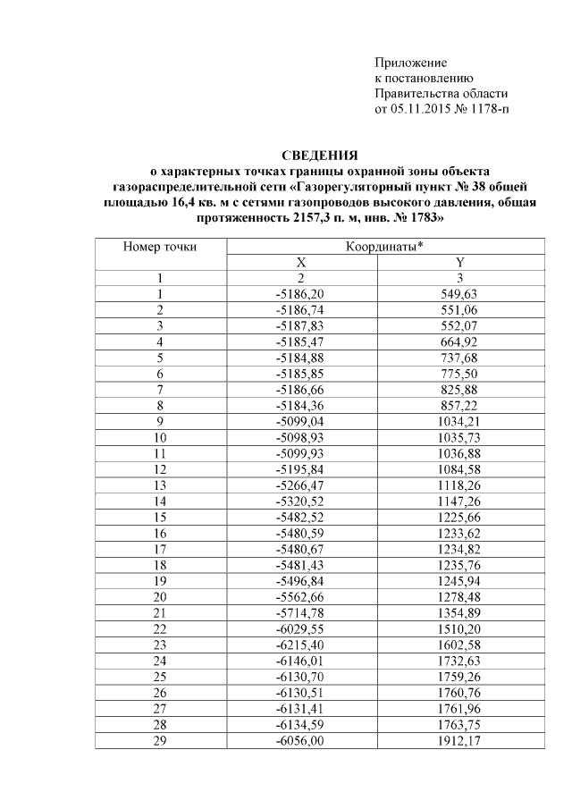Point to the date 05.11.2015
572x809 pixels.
tap(425, 109)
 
